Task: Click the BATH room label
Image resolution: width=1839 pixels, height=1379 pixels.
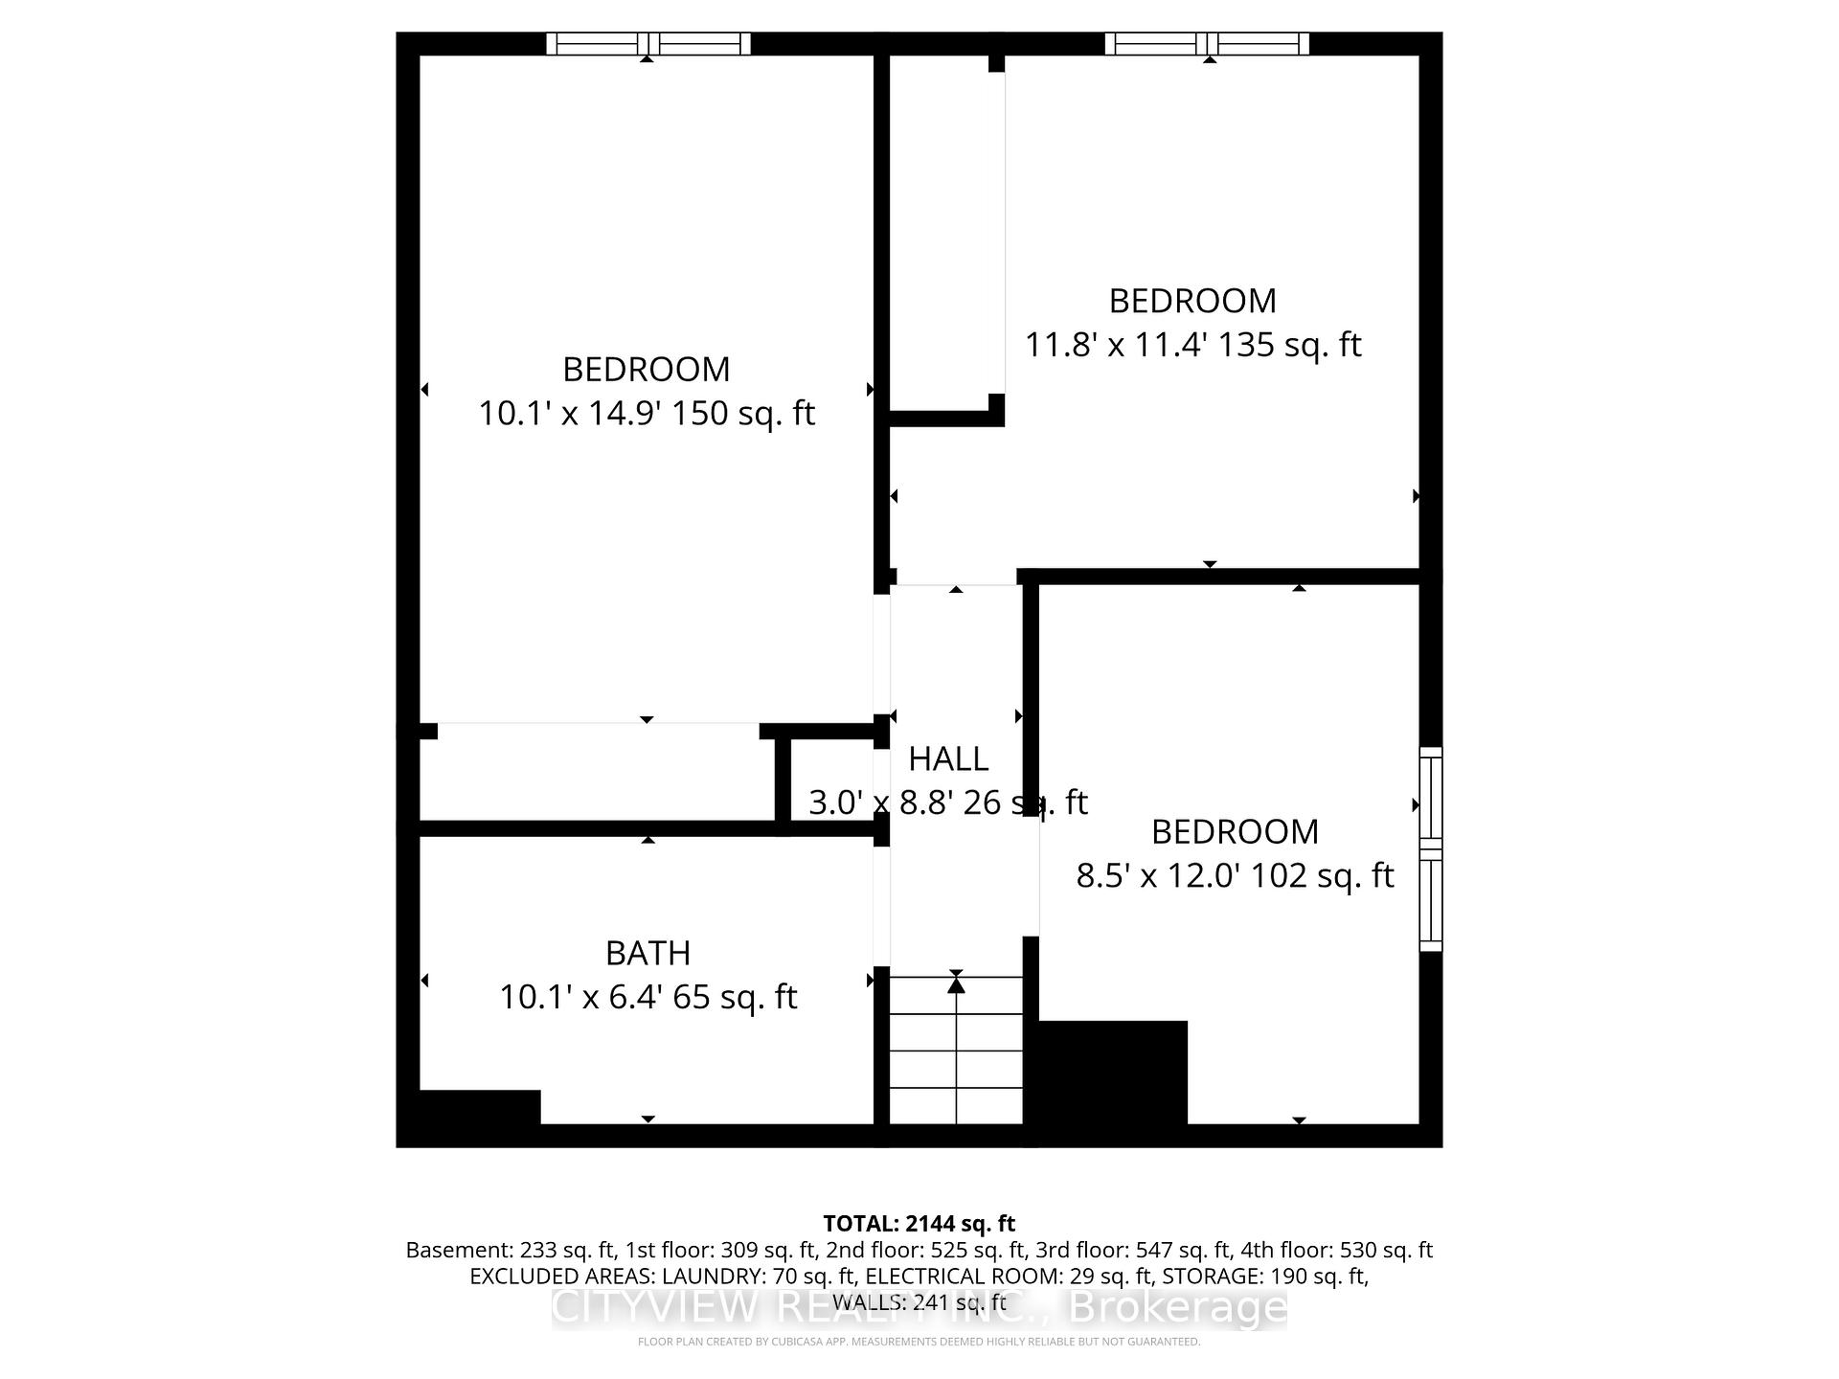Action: (647, 953)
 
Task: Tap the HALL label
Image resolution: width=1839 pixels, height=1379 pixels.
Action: (947, 758)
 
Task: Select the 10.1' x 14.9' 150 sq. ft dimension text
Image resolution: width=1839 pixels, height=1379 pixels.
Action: (647, 414)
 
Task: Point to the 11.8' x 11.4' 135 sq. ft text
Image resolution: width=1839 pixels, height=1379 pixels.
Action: (1192, 345)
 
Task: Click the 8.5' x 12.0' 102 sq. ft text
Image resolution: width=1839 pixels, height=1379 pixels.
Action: (1235, 875)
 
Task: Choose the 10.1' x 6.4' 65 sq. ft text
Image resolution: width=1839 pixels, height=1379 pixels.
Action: (647, 997)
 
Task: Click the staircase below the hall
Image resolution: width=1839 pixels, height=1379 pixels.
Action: (956, 1050)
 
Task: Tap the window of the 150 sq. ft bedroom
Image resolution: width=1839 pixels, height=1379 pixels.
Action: (648, 44)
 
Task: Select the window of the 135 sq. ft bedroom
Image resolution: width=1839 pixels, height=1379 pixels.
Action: (1207, 44)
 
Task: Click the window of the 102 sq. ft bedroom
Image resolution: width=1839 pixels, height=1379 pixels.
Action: (1430, 848)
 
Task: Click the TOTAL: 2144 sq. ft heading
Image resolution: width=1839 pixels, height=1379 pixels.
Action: (919, 1223)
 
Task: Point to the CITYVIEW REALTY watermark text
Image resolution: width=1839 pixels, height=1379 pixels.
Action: (919, 1308)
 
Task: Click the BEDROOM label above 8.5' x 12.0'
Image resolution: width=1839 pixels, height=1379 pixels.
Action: (1235, 831)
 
